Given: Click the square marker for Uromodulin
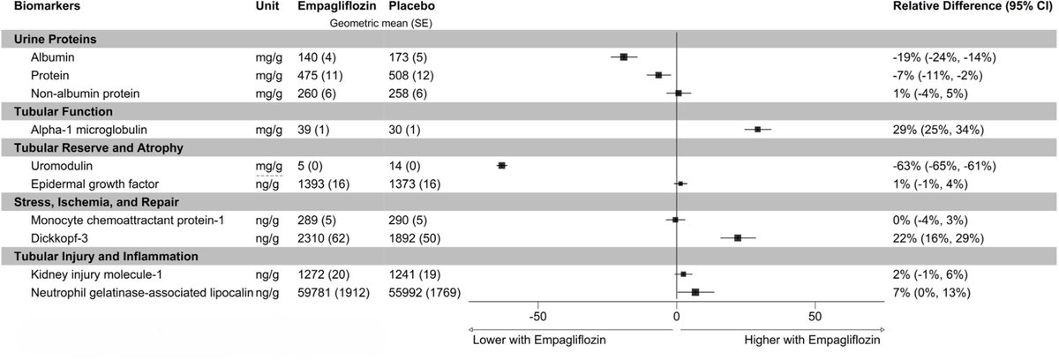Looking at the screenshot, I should tap(502, 165).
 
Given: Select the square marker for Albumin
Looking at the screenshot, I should tap(624, 56).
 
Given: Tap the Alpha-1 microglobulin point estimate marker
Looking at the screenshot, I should tap(757, 129).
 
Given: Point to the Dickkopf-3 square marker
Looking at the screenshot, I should tap(738, 238).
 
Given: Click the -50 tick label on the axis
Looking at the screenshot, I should tap(537, 316).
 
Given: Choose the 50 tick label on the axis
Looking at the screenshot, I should tap(815, 316).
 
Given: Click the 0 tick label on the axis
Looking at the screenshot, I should tap(676, 316).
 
